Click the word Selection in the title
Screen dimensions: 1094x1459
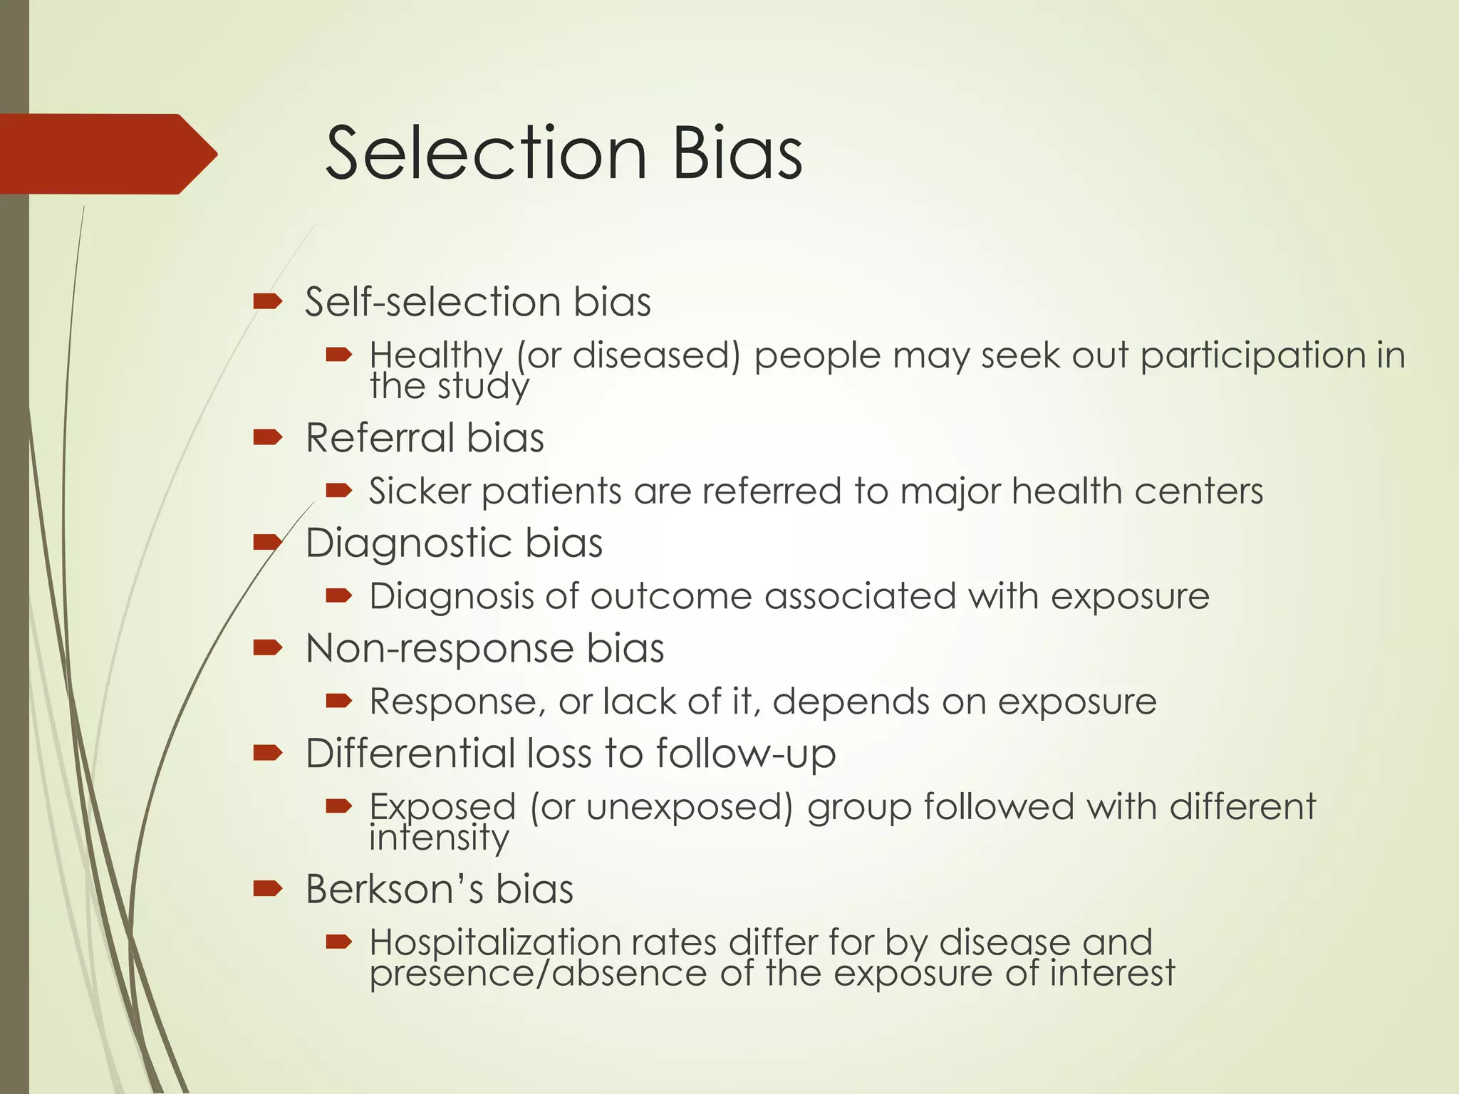[x=486, y=153]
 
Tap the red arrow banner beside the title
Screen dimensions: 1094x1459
[x=107, y=154]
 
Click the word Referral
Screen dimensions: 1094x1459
[x=380, y=437]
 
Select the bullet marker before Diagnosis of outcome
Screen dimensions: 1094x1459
[x=338, y=595]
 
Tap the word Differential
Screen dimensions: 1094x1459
[x=410, y=753]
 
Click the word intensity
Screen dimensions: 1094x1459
[x=439, y=838]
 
